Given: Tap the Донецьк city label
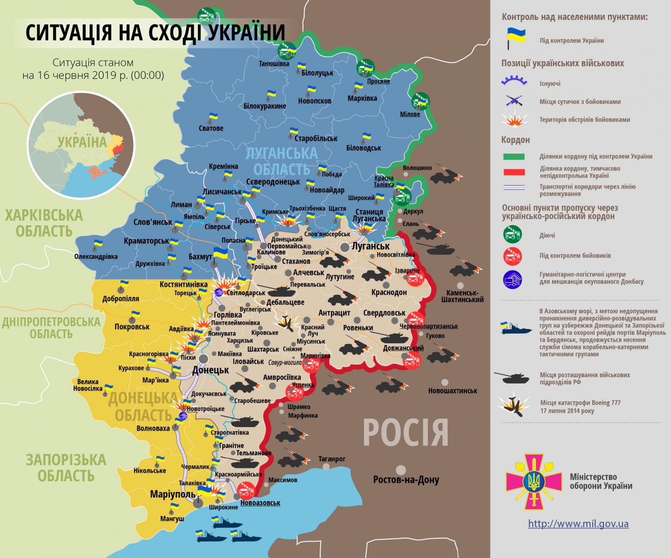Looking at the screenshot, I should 210,370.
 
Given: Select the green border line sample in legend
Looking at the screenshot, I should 513,156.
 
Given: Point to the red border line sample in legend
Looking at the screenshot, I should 513,172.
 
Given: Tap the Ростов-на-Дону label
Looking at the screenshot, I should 406,480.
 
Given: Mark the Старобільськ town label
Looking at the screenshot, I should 316,138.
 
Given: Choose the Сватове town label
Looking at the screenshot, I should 211,128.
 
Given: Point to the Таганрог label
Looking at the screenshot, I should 332,459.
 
